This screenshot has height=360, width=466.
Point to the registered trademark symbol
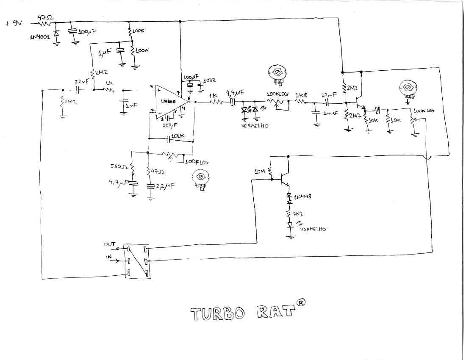tap(300, 302)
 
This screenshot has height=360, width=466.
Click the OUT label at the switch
tap(109, 244)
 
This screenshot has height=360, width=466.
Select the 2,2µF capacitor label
tap(166, 186)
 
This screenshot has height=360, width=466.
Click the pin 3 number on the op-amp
tap(151, 87)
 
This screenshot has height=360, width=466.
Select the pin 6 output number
tap(189, 98)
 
